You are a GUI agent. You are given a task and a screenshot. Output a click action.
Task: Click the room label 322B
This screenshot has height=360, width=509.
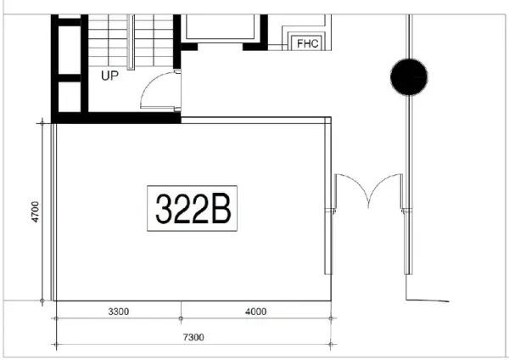193,206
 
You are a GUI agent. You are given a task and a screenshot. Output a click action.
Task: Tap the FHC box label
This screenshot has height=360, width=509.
306,43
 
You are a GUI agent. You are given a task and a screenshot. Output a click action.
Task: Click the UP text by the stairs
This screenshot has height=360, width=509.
109,75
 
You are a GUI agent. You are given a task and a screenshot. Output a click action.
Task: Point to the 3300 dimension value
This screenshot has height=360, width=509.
117,312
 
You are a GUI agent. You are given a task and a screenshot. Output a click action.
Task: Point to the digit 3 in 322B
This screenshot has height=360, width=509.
165,206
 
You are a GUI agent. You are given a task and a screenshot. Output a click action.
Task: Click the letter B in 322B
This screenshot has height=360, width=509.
221,206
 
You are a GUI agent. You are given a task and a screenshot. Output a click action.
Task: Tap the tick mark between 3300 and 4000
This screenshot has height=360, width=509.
181,318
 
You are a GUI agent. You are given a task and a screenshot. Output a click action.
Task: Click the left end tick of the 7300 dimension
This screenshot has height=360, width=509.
56,343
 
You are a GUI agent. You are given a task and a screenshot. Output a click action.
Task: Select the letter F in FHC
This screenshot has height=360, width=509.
299,43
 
